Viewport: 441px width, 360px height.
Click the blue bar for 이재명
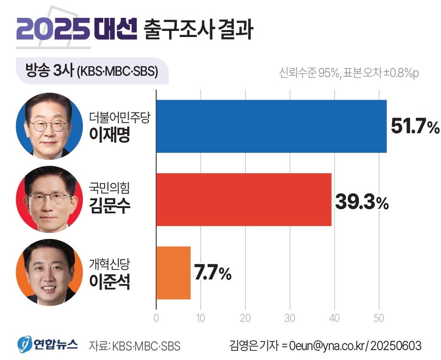point(271,126)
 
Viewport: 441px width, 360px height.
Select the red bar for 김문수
point(244,199)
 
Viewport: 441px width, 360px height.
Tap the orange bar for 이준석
point(173,273)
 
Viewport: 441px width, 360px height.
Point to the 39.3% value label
point(362,202)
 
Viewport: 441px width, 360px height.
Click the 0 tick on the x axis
point(156,317)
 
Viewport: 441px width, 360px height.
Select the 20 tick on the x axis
point(245,317)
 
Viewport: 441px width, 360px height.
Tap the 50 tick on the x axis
point(379,317)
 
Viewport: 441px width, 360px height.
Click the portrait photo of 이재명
point(49,126)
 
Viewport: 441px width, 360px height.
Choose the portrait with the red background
point(49,199)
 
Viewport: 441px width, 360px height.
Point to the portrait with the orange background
point(49,273)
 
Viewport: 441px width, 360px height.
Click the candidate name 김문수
point(109,206)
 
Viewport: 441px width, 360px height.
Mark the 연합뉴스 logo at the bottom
point(48,345)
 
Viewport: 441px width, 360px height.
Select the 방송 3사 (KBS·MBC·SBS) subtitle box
point(92,70)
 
